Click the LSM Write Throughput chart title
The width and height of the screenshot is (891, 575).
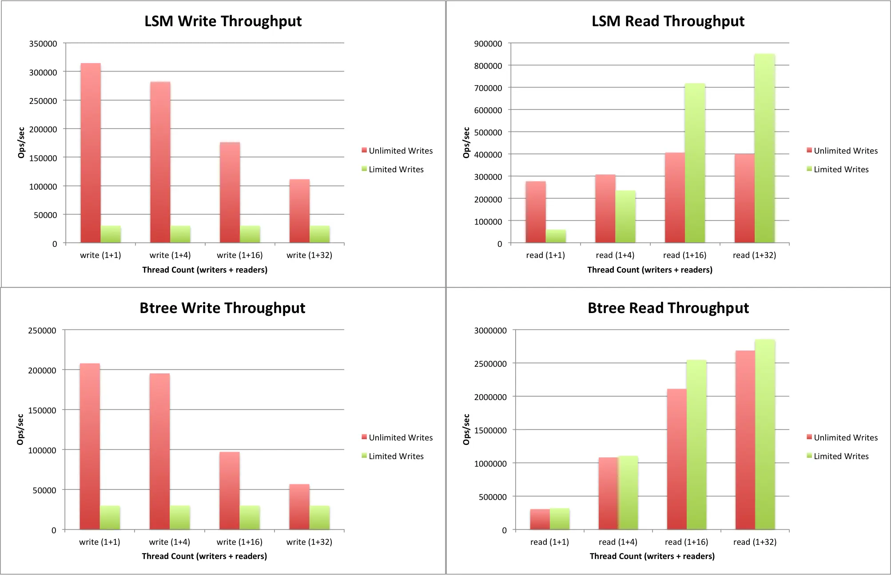coord(223,21)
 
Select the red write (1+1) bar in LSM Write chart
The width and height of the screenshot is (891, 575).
coord(91,153)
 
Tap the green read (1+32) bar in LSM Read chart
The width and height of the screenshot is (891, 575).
coord(764,148)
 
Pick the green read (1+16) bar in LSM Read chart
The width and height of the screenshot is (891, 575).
coord(695,163)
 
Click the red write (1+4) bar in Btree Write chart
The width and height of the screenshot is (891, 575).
coord(160,451)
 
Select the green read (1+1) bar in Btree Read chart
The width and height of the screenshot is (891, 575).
coord(560,519)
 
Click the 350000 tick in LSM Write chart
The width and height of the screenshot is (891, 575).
coord(43,44)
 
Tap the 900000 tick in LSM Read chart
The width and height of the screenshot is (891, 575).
coord(488,44)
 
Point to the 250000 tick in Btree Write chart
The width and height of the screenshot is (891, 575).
coord(42,330)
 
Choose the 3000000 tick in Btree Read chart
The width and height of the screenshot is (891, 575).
coord(490,330)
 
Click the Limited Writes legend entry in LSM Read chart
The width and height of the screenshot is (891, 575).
coord(838,169)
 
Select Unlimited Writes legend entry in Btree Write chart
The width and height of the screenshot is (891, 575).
coord(397,437)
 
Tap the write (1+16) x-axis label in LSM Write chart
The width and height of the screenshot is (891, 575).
coord(240,255)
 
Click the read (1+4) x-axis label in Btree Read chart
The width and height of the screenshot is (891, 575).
coord(618,542)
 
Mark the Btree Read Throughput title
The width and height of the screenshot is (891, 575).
coord(668,308)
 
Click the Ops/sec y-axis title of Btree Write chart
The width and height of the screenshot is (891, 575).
coord(20,429)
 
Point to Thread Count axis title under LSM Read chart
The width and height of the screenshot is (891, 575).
coord(650,270)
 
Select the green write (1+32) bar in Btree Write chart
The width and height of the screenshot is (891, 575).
coord(320,517)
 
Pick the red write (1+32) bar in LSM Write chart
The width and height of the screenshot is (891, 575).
coord(299,211)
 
